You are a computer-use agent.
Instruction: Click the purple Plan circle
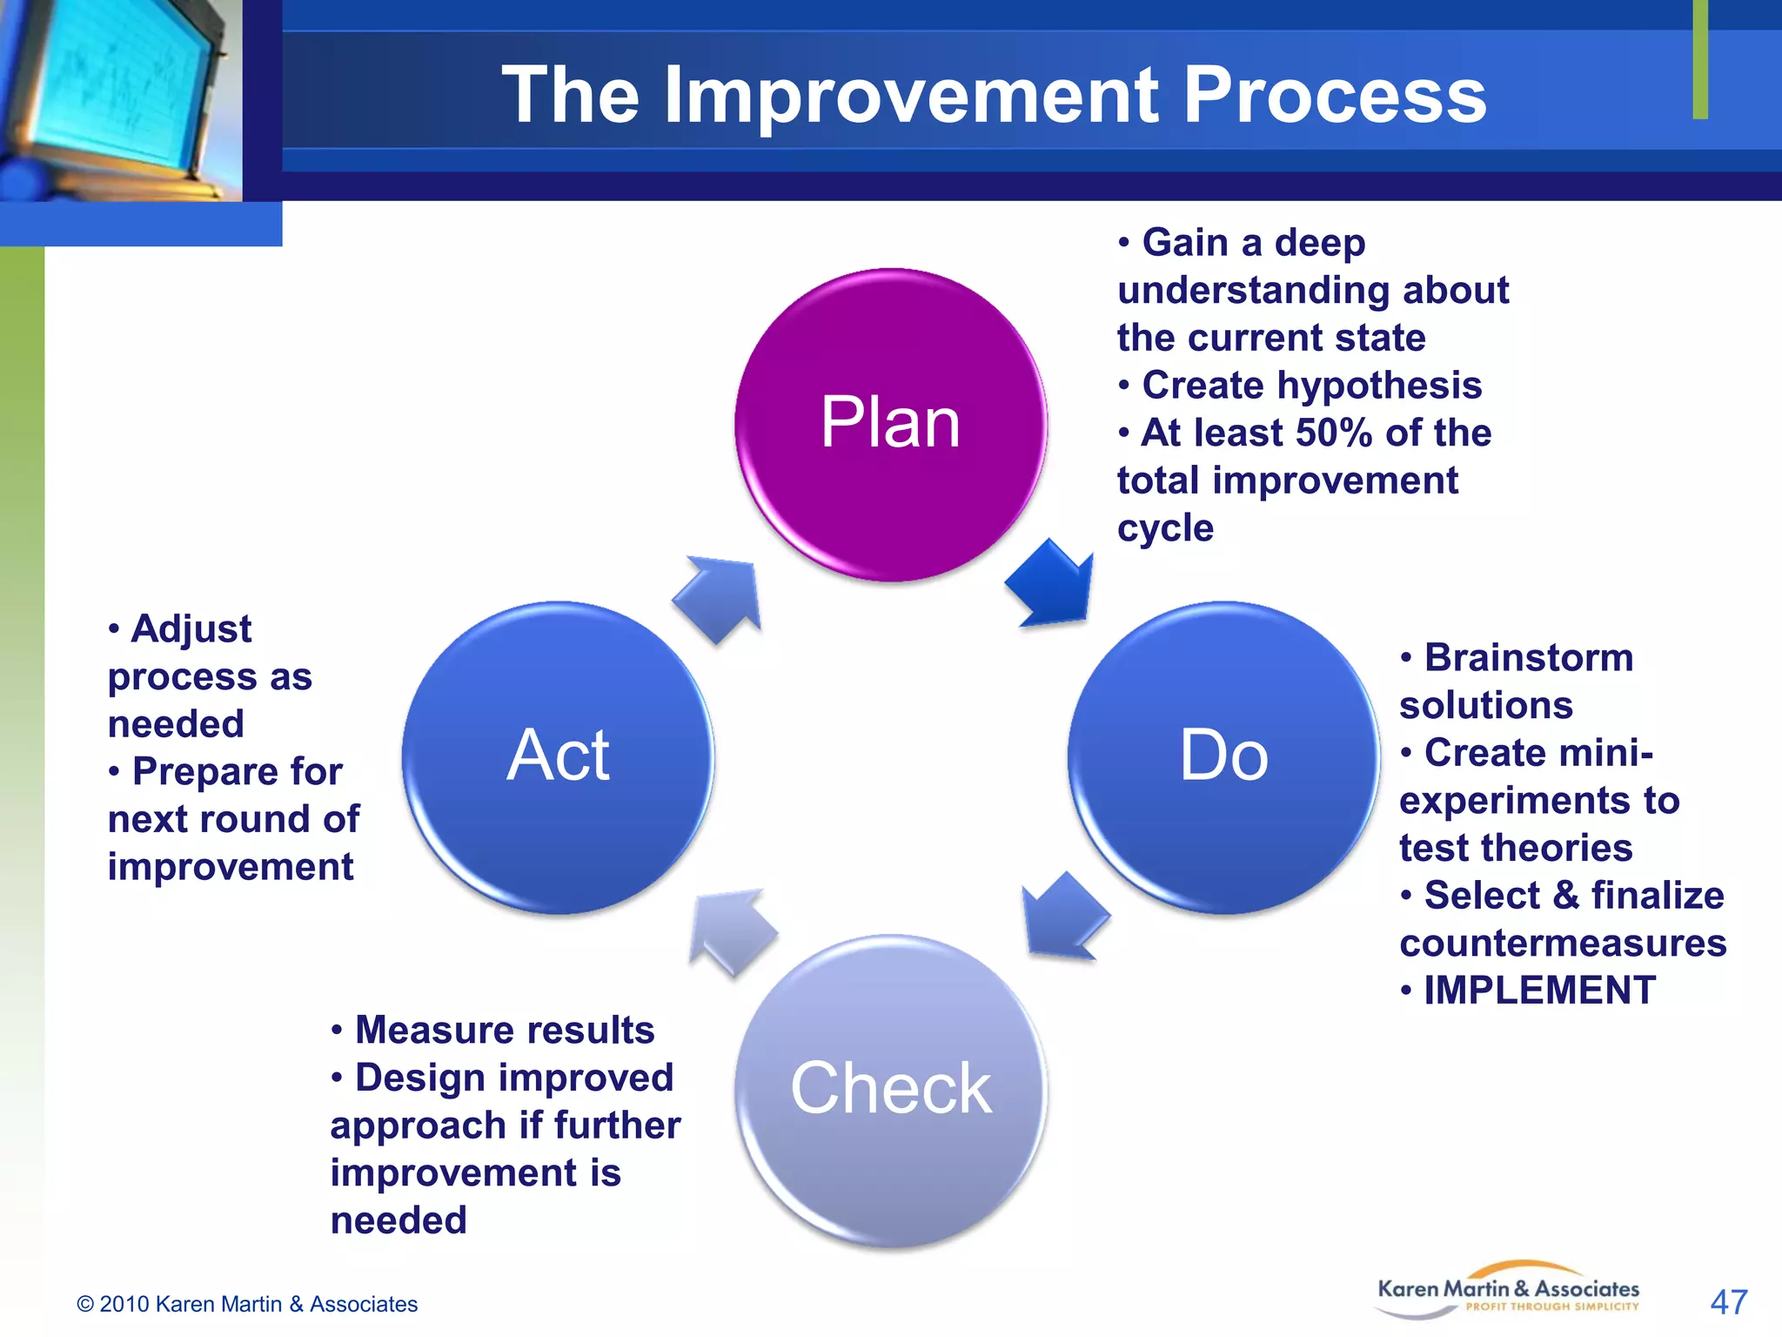coord(890,424)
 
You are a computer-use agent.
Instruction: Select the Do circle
coord(1223,756)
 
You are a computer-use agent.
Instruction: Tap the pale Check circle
coord(890,1090)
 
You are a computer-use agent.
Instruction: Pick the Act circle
coord(558,756)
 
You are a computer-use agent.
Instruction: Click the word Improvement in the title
coord(911,96)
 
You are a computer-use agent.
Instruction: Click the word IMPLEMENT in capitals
coord(1539,991)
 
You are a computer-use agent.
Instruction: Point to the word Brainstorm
coord(1528,658)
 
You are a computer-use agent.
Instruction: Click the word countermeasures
coord(1563,943)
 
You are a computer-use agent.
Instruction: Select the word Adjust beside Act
coord(191,628)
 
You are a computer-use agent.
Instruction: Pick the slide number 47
coord(1728,1302)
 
